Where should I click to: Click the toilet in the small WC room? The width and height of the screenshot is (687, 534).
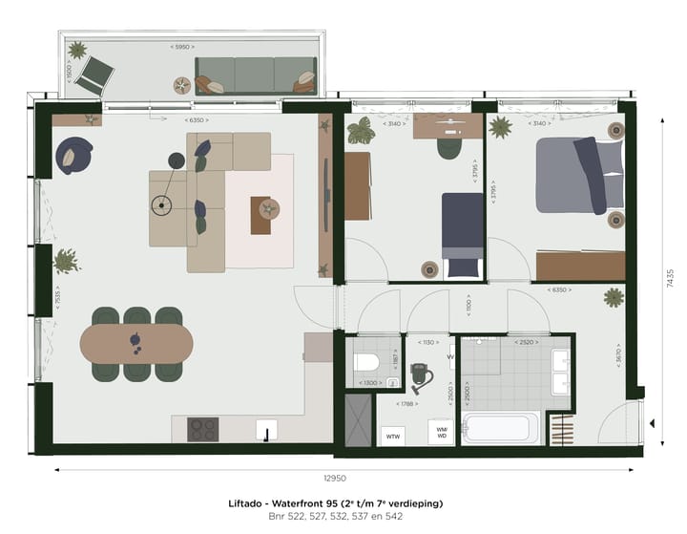367,363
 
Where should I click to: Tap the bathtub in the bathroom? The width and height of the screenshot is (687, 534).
500,427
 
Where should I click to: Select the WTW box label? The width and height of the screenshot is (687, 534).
392,436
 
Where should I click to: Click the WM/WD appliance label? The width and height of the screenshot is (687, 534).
441,432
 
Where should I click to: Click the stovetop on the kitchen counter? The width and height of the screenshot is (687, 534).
203,429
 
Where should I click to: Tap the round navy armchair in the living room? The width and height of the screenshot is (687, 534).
73,155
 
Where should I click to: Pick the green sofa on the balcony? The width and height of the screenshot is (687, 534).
256,75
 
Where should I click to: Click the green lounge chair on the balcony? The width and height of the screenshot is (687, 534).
95,74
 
